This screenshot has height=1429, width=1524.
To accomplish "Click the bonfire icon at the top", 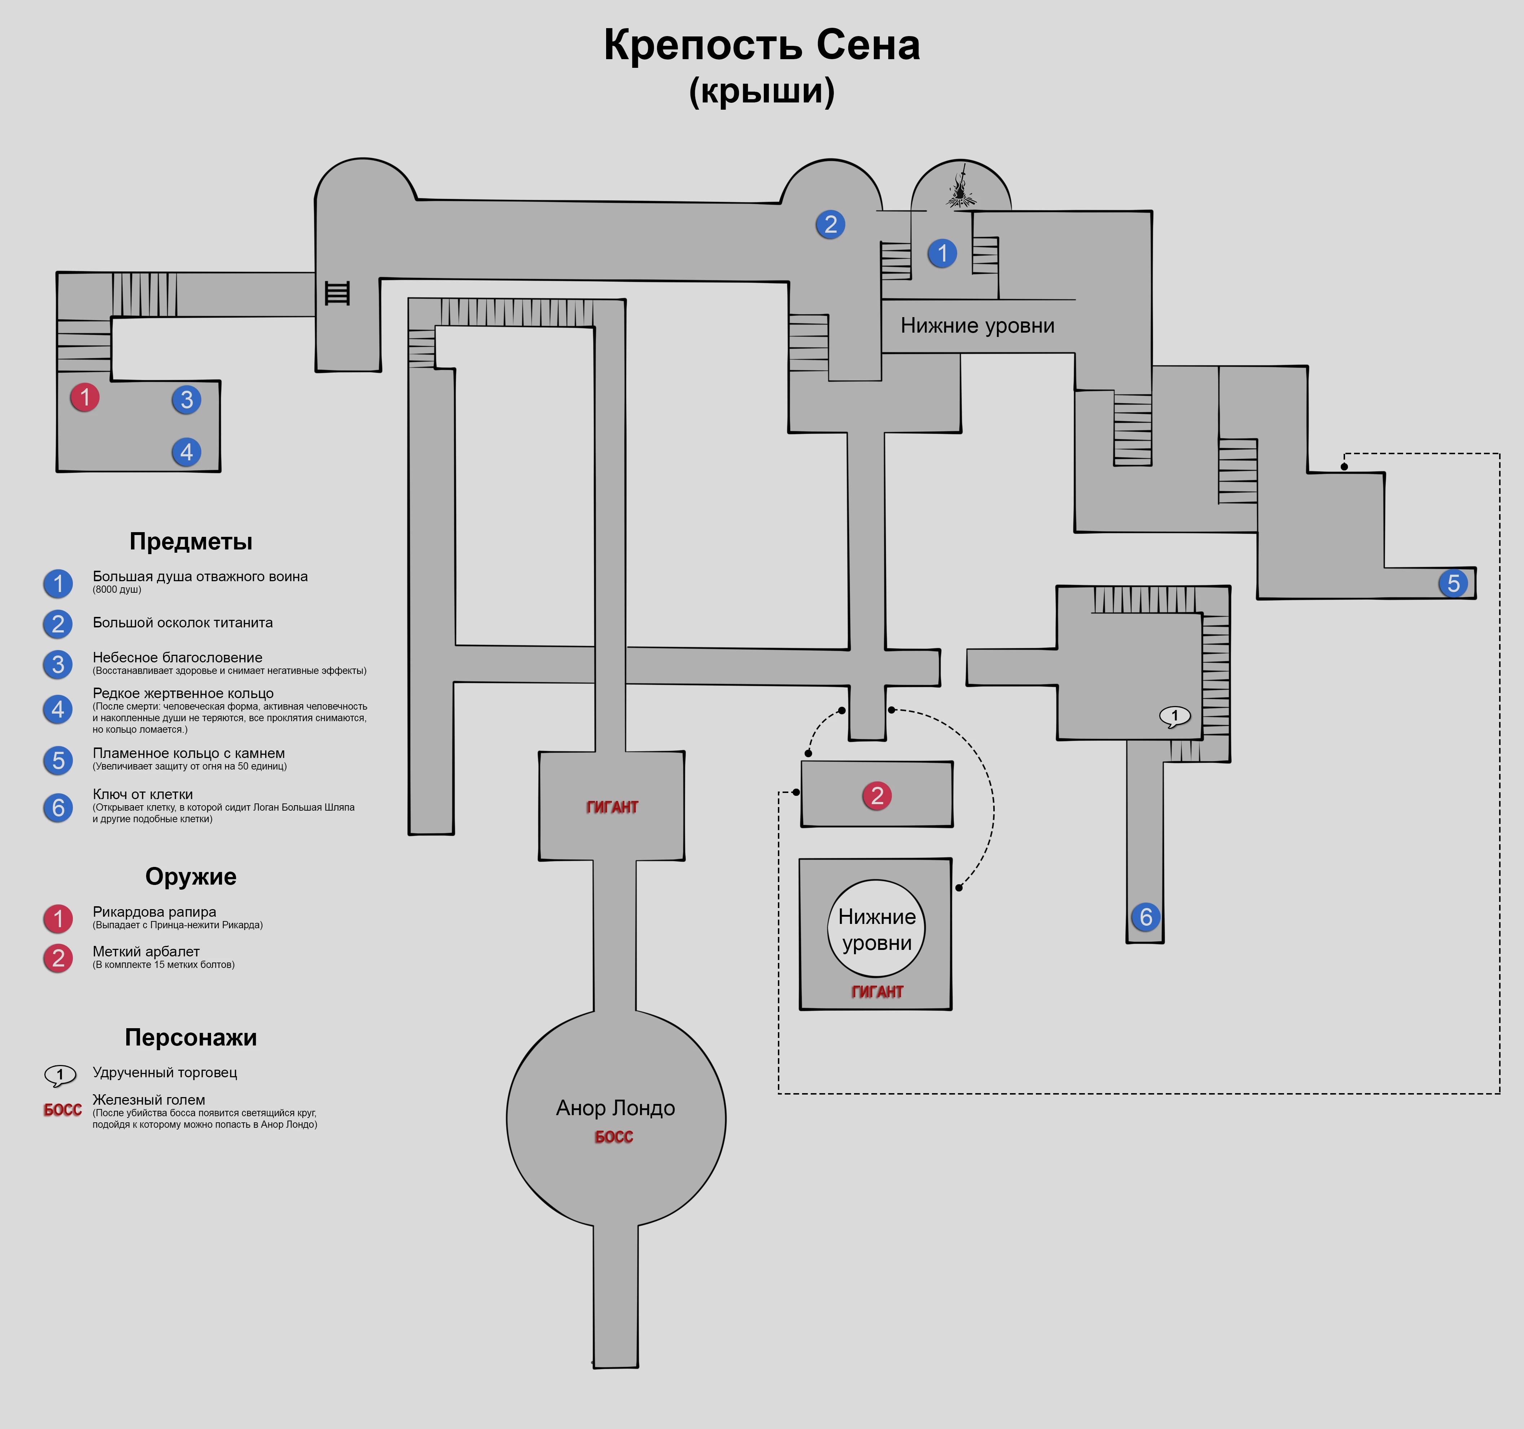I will point(960,186).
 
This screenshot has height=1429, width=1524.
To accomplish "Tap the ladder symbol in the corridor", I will point(337,293).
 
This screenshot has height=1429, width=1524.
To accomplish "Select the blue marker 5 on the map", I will point(1453,583).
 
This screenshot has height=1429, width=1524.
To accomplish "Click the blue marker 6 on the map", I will point(1145,917).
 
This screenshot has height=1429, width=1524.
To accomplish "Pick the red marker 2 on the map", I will point(877,796).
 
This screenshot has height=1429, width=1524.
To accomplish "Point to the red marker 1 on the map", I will point(84,397).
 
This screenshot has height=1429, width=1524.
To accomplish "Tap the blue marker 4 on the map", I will point(186,452).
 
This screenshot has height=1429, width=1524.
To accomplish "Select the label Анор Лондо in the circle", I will point(616,1109).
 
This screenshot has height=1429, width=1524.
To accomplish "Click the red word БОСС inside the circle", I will point(614,1137).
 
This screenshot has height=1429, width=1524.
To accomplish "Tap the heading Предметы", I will point(191,542).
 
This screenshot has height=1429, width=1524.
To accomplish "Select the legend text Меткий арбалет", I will point(146,951).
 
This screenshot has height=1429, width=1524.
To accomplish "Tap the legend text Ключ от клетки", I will point(143,794).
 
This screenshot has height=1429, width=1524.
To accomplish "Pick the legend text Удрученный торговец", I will point(165,1073).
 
